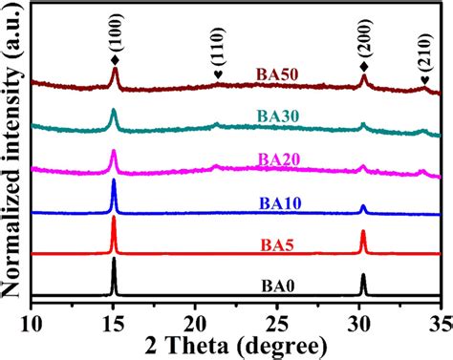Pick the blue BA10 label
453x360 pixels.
click(277, 201)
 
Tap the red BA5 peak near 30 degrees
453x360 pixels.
click(363, 236)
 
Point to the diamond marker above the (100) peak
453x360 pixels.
click(114, 54)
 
